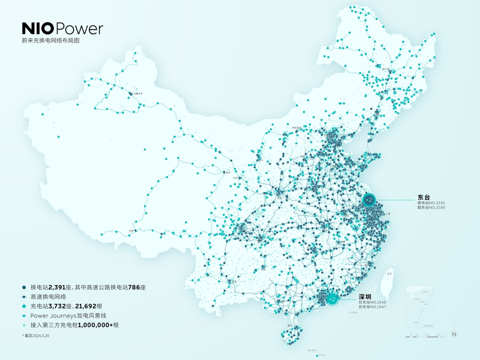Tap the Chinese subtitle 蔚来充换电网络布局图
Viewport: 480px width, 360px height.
tap(50, 41)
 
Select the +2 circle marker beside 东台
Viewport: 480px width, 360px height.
tap(369, 199)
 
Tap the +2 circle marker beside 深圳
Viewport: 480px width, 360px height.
tap(332, 299)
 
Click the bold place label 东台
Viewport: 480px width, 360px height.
tap(424, 197)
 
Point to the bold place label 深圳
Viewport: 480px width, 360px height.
tap(365, 296)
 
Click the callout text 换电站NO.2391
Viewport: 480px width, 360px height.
tap(434, 203)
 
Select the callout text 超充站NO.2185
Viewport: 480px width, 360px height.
tap(434, 208)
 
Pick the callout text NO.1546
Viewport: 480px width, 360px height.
tap(372, 302)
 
